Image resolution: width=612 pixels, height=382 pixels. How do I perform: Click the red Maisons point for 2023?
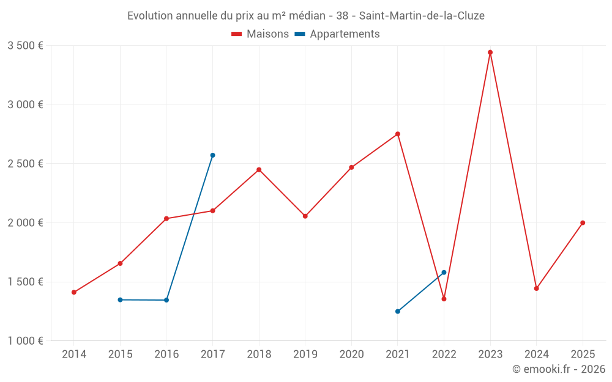pyautogui.click(x=490, y=53)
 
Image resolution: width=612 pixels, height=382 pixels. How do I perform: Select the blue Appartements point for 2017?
pyautogui.click(x=212, y=155)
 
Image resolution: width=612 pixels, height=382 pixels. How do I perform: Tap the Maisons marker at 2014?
pyautogui.click(x=74, y=292)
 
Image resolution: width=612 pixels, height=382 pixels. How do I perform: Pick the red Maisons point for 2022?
pyautogui.click(x=444, y=299)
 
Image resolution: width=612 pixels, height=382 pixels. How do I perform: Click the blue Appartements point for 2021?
pyautogui.click(x=398, y=311)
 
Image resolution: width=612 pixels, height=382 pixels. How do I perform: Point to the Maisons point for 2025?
pyautogui.click(x=583, y=222)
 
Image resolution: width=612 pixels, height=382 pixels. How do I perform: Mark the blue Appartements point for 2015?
pyautogui.click(x=120, y=299)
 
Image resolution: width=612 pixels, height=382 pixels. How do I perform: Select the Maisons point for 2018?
pyautogui.click(x=259, y=169)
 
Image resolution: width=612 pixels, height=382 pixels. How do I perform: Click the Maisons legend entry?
pyautogui.click(x=260, y=34)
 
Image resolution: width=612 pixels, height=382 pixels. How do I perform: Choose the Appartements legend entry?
pyautogui.click(x=337, y=34)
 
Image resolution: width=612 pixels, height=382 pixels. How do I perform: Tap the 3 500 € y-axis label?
pyautogui.click(x=25, y=46)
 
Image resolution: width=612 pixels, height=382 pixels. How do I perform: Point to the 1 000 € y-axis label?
pyautogui.click(x=25, y=341)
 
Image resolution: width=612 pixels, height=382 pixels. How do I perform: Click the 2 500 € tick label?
pyautogui.click(x=25, y=164)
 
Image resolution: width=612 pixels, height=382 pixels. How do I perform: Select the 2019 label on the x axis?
pyautogui.click(x=305, y=354)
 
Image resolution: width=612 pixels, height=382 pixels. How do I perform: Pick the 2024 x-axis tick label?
pyautogui.click(x=536, y=354)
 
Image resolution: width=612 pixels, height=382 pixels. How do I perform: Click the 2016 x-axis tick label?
pyautogui.click(x=166, y=354)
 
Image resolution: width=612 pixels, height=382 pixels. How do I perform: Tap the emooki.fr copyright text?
pyautogui.click(x=559, y=369)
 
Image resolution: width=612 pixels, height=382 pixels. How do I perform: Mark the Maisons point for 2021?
pyautogui.click(x=398, y=134)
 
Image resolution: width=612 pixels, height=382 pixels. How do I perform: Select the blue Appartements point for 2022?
pyautogui.click(x=444, y=273)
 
